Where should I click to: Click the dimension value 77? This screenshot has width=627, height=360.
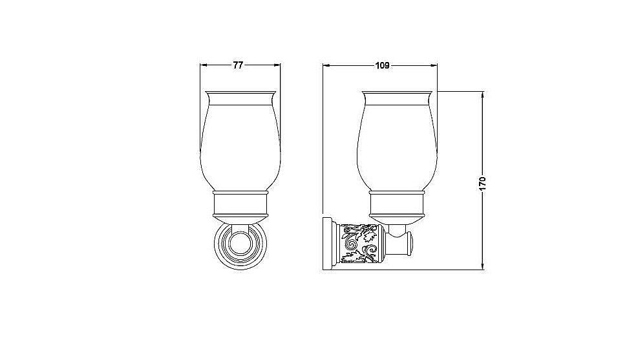[238, 65]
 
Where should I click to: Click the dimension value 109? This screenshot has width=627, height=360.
[382, 65]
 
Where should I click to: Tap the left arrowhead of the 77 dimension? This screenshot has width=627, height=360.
[203, 65]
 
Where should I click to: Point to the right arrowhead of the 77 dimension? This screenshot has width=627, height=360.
[277, 65]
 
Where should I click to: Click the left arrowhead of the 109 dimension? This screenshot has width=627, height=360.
[326, 65]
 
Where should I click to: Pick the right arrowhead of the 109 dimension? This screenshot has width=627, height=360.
[434, 65]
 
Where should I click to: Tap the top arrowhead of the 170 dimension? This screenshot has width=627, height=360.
[483, 95]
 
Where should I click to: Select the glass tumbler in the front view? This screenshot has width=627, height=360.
[240, 142]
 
